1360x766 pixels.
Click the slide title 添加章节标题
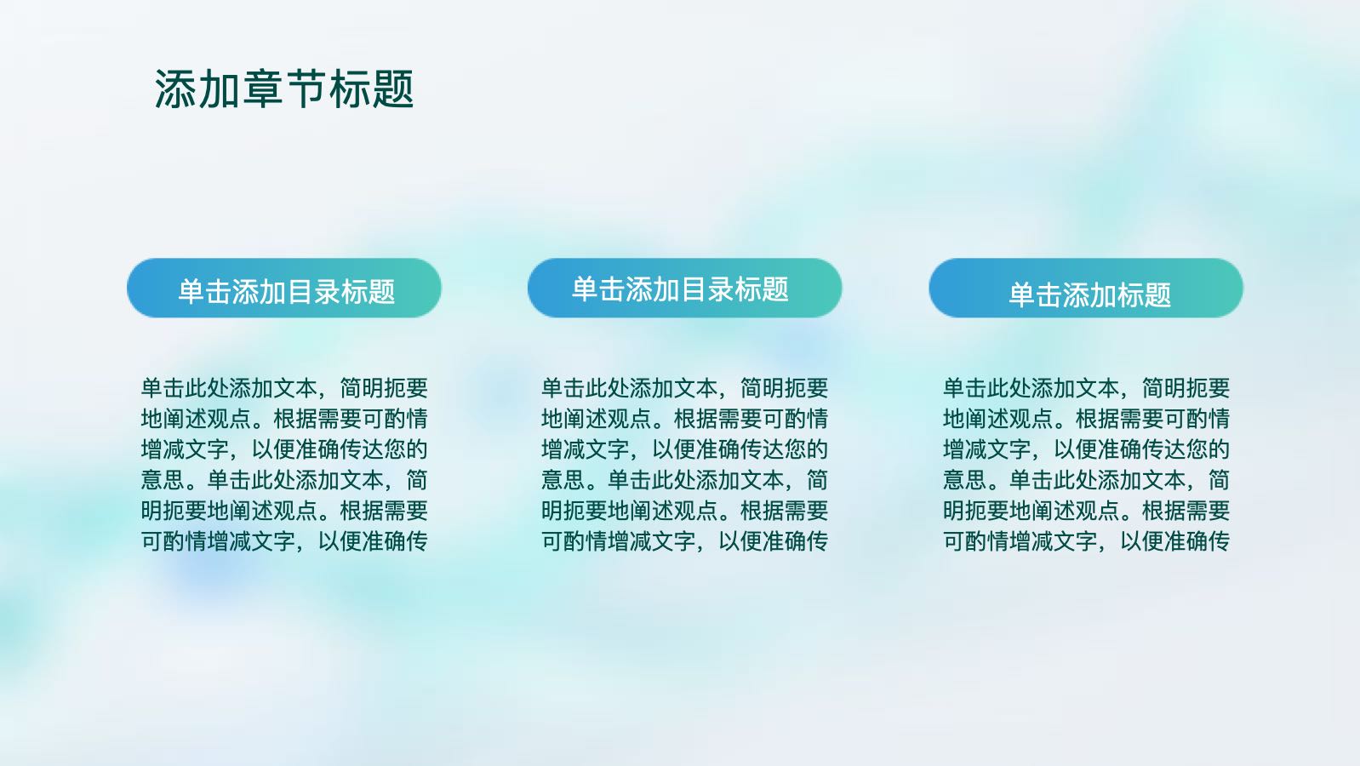284,89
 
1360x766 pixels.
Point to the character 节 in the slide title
306,89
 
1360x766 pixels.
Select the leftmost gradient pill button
284,288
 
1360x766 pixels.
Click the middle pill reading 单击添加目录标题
685,288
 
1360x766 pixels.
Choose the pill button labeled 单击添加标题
1086,288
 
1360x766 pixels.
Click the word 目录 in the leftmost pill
313,292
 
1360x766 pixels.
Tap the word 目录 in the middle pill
707,289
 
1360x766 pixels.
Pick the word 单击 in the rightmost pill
1036,295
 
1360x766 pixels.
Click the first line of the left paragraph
284,388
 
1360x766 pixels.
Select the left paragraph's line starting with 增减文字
284,449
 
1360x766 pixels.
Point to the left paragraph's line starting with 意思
284,480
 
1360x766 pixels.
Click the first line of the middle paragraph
685,388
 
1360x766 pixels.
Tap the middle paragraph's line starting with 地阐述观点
685,419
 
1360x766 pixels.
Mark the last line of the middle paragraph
685,541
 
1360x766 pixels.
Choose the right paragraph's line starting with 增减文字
1086,449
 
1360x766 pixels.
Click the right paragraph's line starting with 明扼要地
1086,511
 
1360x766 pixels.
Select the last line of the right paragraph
1086,541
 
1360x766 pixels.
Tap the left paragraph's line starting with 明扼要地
284,511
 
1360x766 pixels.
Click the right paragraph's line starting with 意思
1086,480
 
